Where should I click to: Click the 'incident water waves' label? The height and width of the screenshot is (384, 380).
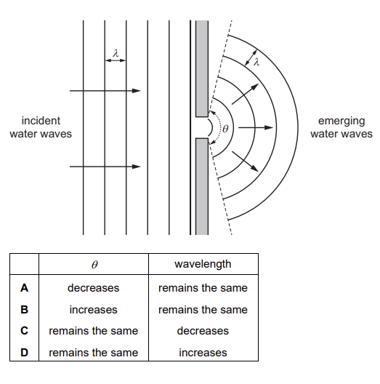pyautogui.click(x=41, y=127)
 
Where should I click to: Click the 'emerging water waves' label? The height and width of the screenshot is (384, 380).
pyautogui.click(x=341, y=127)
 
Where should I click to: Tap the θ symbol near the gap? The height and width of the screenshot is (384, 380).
pyautogui.click(x=225, y=128)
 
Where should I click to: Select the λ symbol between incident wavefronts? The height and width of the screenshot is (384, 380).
pyautogui.click(x=116, y=53)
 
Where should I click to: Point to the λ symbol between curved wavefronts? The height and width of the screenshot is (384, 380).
pyautogui.click(x=256, y=62)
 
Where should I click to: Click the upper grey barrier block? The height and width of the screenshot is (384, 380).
pyautogui.click(x=202, y=68)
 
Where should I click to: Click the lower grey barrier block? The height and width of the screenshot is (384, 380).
pyautogui.click(x=202, y=187)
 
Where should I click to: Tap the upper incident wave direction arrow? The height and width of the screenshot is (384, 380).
pyautogui.click(x=105, y=91)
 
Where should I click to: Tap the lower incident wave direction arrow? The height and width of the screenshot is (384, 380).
pyautogui.click(x=105, y=167)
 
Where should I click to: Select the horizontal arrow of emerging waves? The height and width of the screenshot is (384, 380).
pyautogui.click(x=256, y=127)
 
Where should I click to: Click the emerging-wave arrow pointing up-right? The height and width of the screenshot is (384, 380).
pyautogui.click(x=245, y=94)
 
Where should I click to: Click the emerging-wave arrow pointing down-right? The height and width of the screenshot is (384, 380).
pyautogui.click(x=245, y=161)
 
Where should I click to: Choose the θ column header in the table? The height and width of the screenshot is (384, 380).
pyautogui.click(x=94, y=265)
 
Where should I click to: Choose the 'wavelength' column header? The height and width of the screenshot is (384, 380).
pyautogui.click(x=203, y=264)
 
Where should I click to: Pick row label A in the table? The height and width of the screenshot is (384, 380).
pyautogui.click(x=24, y=288)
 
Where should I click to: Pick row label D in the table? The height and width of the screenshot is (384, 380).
pyautogui.click(x=24, y=353)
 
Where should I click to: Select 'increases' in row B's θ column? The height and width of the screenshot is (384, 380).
pyautogui.click(x=94, y=310)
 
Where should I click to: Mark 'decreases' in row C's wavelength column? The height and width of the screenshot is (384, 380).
pyautogui.click(x=203, y=331)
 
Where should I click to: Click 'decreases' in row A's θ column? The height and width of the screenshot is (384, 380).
pyautogui.click(x=94, y=288)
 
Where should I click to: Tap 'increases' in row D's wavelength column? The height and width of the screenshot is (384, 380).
pyautogui.click(x=203, y=353)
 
